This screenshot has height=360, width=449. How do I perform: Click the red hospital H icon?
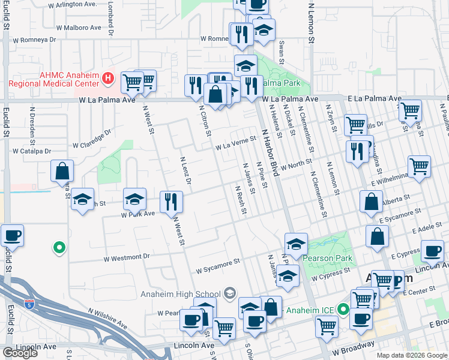(x=108, y=78)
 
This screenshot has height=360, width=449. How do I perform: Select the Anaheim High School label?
(x=180, y=293)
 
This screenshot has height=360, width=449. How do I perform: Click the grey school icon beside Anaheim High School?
(x=229, y=293)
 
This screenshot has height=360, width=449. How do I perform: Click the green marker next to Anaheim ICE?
(x=343, y=310)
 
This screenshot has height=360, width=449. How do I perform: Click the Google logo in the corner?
(x=20, y=353)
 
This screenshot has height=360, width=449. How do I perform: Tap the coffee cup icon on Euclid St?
(x=11, y=235)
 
